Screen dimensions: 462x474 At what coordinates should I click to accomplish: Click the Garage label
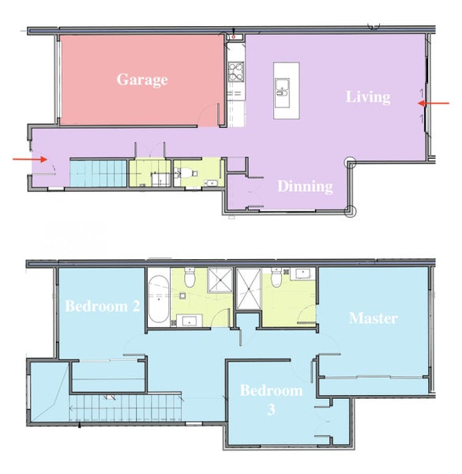(x=142, y=80)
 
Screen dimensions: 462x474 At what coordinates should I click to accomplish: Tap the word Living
(x=368, y=97)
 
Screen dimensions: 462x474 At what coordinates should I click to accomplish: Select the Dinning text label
(x=305, y=186)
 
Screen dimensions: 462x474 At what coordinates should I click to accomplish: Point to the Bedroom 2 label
(x=103, y=306)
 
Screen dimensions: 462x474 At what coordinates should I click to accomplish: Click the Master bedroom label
(x=374, y=318)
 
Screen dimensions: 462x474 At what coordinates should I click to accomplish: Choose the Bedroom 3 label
(x=271, y=400)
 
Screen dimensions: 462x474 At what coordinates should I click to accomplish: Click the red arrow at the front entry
(x=30, y=159)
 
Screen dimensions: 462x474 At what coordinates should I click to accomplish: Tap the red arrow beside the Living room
(x=434, y=103)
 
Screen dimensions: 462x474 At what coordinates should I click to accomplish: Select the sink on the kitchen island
(x=282, y=92)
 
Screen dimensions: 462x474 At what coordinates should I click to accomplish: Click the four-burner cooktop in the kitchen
(x=236, y=72)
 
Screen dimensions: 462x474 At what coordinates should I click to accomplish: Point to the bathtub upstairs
(x=159, y=299)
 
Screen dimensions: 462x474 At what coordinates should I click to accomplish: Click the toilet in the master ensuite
(x=276, y=277)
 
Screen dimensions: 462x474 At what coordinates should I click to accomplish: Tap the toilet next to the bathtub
(x=190, y=277)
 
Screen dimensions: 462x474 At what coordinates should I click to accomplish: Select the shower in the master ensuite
(x=249, y=289)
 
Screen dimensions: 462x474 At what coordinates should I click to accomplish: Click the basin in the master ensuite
(x=302, y=273)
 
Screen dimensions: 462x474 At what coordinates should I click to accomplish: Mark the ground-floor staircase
(x=98, y=174)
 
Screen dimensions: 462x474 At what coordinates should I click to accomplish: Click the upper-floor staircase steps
(x=126, y=408)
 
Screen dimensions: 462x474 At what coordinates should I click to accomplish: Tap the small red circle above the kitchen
(x=234, y=37)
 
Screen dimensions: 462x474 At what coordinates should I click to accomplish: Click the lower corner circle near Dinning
(x=351, y=211)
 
